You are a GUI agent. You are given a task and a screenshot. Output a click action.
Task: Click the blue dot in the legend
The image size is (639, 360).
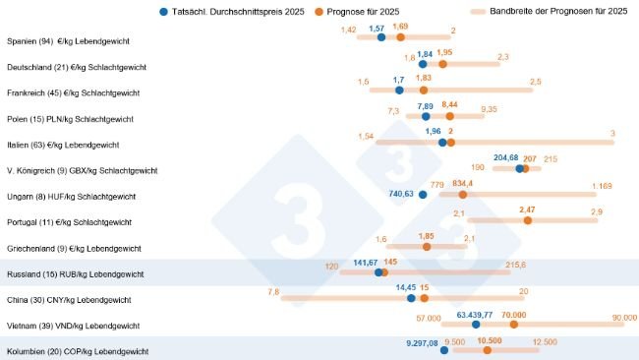pyautogui.click(x=162, y=12)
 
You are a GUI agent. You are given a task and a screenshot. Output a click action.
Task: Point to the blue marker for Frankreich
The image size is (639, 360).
pyautogui.click(x=398, y=90)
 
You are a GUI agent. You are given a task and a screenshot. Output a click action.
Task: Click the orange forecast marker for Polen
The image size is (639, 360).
pyautogui.click(x=450, y=116)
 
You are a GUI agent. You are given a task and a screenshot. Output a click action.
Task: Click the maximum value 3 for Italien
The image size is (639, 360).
pyautogui.click(x=611, y=133)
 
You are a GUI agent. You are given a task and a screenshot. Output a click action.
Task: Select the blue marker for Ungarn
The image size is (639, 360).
pyautogui.click(x=423, y=195)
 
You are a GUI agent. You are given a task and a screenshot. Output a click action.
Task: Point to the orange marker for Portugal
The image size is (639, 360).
pyautogui.click(x=528, y=220)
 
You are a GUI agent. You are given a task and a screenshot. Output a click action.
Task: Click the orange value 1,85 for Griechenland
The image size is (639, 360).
pyautogui.click(x=426, y=236)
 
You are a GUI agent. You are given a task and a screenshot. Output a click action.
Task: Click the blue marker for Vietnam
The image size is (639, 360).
pyautogui.click(x=476, y=324)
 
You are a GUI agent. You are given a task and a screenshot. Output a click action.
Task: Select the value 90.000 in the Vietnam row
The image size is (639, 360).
pyautogui.click(x=624, y=318)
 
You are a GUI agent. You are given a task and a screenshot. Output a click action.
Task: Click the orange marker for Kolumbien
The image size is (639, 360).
pyautogui.click(x=487, y=349)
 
